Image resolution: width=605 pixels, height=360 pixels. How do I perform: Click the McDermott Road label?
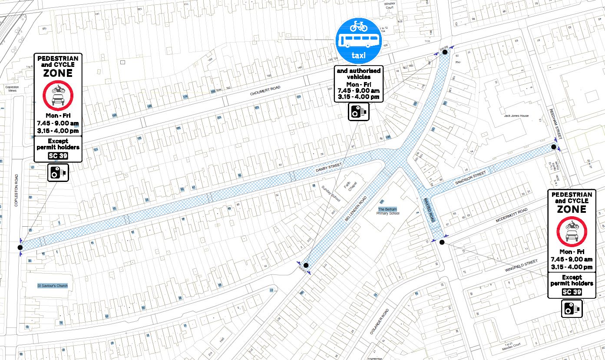tap(510, 215)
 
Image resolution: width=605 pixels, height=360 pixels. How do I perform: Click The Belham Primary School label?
tap(388, 211)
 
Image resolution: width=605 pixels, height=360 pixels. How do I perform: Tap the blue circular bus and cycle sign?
tap(359, 41)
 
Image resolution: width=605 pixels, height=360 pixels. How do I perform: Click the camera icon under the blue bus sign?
tap(359, 112)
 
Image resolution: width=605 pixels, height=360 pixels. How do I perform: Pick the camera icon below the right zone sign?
tap(571, 308)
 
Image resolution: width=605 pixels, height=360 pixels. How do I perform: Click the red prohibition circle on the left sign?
tap(57, 96)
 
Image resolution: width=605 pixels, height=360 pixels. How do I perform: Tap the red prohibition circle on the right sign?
tap(571, 231)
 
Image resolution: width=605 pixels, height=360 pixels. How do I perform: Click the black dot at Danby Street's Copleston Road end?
tap(20, 247)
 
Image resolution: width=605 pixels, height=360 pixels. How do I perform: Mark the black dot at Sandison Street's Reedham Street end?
tap(553, 147)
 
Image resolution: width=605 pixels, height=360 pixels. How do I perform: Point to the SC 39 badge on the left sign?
tap(57, 155)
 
